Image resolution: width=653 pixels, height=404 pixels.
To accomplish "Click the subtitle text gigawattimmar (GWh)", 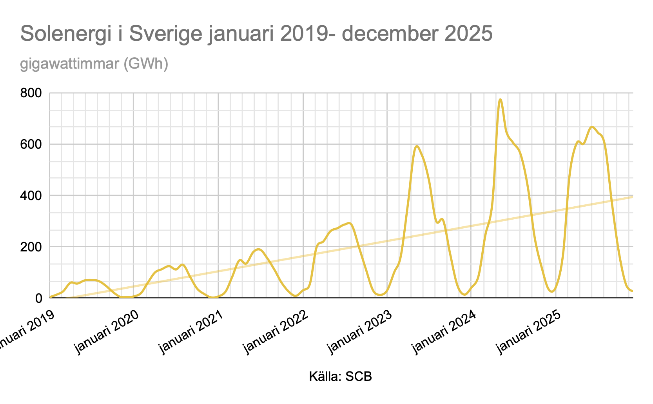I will click(94, 63).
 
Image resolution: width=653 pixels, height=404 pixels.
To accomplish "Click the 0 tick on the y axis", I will click(38, 298).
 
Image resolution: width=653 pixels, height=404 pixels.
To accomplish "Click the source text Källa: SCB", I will click(340, 377).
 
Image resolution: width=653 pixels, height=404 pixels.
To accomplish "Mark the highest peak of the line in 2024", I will click(500, 100).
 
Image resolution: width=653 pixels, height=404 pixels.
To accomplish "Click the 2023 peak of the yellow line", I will click(417, 146).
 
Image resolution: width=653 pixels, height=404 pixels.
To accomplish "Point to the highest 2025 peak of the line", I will click(592, 127).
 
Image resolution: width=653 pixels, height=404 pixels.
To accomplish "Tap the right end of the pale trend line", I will click(632, 197).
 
